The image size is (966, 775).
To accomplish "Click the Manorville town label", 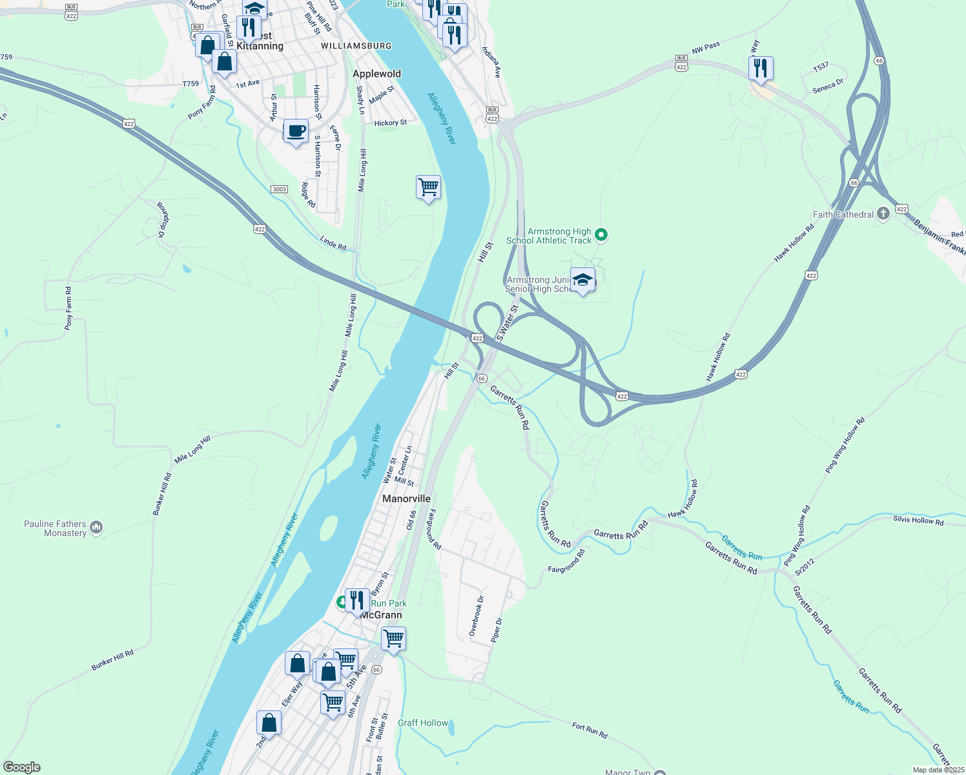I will (406, 499).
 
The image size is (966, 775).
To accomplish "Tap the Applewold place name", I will (376, 74).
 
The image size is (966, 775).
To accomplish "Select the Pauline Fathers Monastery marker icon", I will (96, 528).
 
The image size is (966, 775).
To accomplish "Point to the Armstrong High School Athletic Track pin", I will (601, 235).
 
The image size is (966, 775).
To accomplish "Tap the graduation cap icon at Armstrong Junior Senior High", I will (583, 280).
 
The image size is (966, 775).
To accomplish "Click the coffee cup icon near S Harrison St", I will (296, 131).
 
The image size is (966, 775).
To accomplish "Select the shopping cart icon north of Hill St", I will (429, 187).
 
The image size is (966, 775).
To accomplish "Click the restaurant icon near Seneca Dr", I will (761, 67).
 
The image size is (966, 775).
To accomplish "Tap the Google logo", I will (22, 767).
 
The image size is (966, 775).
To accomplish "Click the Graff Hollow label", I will (423, 723).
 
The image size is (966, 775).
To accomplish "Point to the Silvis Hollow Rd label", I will (918, 520).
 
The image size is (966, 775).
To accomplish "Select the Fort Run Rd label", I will (590, 730).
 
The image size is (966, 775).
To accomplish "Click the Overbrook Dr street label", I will (476, 616).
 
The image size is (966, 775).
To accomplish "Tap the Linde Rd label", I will (333, 243).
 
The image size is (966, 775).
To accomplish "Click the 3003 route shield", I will (279, 189).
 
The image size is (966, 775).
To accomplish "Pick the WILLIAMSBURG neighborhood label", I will (356, 46).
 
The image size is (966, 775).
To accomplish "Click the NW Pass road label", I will (706, 48).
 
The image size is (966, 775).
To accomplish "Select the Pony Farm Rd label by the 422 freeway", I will (202, 102).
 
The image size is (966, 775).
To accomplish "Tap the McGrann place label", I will (381, 615).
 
